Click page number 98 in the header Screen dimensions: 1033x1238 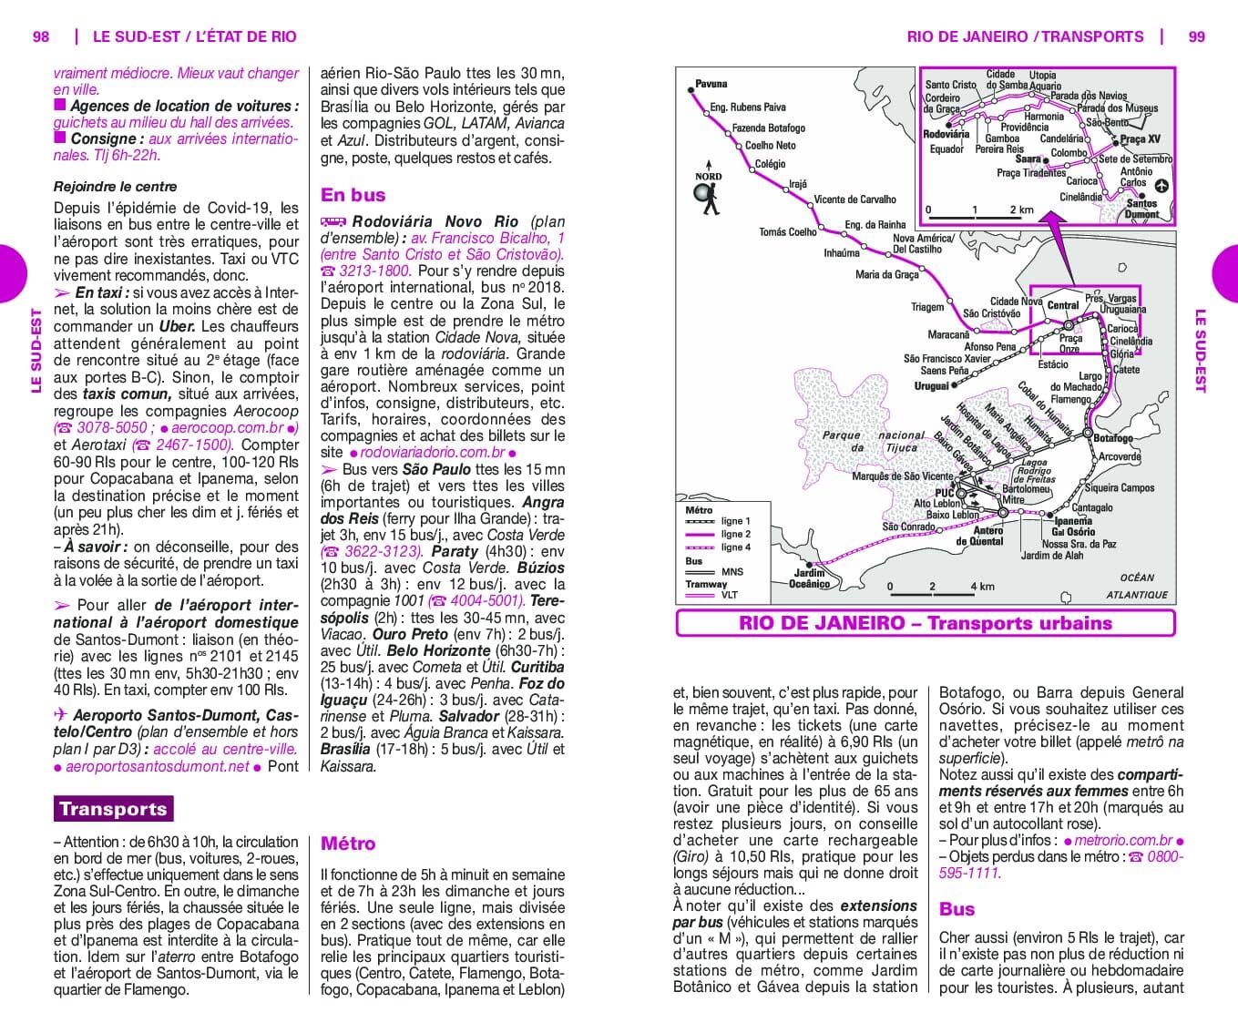tap(41, 36)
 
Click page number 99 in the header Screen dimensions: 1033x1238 tap(1196, 36)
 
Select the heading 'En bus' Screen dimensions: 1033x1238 tap(353, 195)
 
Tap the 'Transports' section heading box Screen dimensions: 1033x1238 tap(113, 809)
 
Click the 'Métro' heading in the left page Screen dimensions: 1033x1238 tap(348, 844)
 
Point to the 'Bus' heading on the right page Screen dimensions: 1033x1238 tap(957, 909)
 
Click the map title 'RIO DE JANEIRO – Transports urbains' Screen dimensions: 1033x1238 tap(926, 623)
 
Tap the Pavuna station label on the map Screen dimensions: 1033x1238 tap(711, 84)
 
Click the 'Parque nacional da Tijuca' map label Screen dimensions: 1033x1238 tap(873, 441)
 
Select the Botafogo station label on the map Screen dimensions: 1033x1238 tap(1112, 438)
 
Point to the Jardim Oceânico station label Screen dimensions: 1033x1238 tap(809, 578)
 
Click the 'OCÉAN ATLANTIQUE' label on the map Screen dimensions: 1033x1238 tap(1137, 586)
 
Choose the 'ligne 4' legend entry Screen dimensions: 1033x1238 tap(735, 547)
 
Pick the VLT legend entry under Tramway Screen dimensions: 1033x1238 tap(730, 595)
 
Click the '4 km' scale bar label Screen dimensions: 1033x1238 tap(982, 587)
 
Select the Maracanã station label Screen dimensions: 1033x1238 tap(948, 334)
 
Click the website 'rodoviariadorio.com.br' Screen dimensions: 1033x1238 tap(432, 452)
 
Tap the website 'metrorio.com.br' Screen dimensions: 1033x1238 tap(1122, 840)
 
